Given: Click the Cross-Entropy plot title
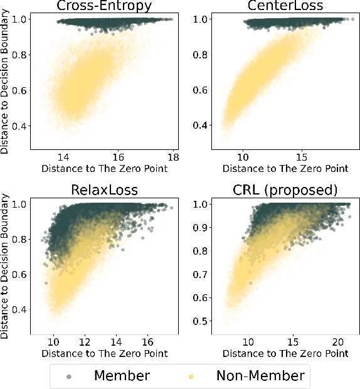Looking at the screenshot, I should (x=104, y=6).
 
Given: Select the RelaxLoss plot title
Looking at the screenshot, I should (x=104, y=190).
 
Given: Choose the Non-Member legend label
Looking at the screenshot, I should (x=260, y=376).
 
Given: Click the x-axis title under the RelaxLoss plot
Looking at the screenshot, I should (x=104, y=353).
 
